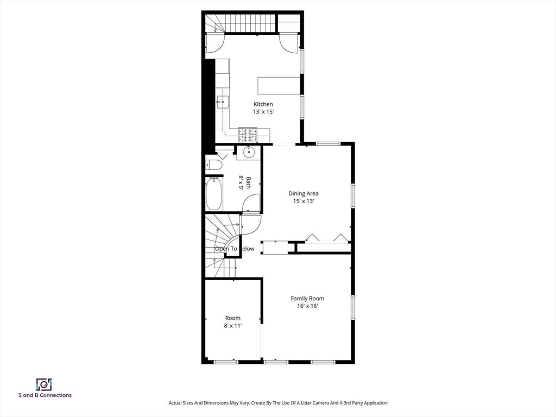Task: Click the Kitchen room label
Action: tap(263, 104)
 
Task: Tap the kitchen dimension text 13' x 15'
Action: tap(263, 112)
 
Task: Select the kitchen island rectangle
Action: tap(279, 85)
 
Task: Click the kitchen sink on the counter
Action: tap(223, 102)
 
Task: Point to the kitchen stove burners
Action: tap(248, 135)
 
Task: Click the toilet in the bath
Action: tap(213, 165)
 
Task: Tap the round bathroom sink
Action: tap(249, 153)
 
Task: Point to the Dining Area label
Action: tap(303, 193)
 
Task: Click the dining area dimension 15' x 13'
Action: tap(304, 201)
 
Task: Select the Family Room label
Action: tap(307, 299)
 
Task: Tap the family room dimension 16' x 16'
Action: tap(307, 306)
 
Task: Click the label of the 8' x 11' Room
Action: tap(232, 318)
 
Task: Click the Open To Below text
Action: tap(235, 249)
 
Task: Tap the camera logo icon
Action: tap(45, 384)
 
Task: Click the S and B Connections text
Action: tap(45, 395)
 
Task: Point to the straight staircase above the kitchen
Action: tap(250, 23)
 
